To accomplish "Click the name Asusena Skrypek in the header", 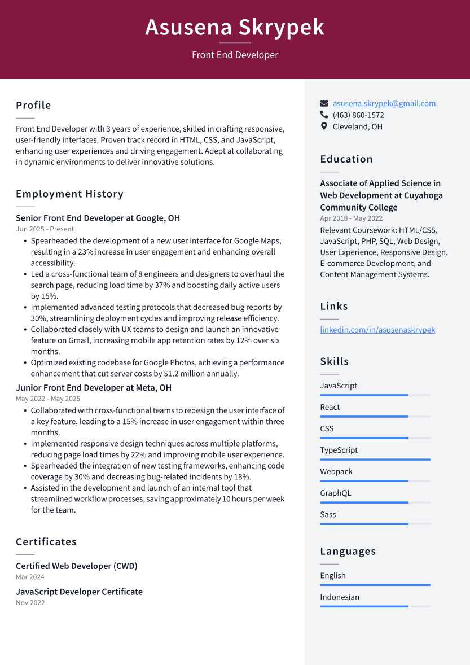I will pyautogui.click(x=235, y=27).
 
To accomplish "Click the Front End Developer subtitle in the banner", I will pyautogui.click(x=235, y=55).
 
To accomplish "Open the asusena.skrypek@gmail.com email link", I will pyautogui.click(x=384, y=103).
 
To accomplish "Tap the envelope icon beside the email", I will pyautogui.click(x=324, y=103).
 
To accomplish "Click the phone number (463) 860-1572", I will pyautogui.click(x=358, y=115).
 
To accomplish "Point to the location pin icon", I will pyautogui.click(x=324, y=126).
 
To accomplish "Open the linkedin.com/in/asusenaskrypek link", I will pyautogui.click(x=377, y=330).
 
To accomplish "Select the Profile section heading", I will pyautogui.click(x=33, y=106).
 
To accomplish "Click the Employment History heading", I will pyautogui.click(x=69, y=194).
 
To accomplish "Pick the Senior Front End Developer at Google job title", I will pyautogui.click(x=98, y=218).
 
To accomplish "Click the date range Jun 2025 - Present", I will pyautogui.click(x=45, y=229).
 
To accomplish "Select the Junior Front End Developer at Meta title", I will pyautogui.click(x=93, y=388).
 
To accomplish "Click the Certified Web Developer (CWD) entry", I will pyautogui.click(x=76, y=566).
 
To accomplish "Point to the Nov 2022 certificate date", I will pyautogui.click(x=30, y=603).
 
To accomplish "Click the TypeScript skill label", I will pyautogui.click(x=339, y=450).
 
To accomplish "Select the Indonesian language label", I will pyautogui.click(x=339, y=597).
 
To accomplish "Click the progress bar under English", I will pyautogui.click(x=375, y=585).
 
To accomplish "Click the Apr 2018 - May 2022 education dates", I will pyautogui.click(x=351, y=218).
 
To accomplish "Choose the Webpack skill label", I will pyautogui.click(x=336, y=471).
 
